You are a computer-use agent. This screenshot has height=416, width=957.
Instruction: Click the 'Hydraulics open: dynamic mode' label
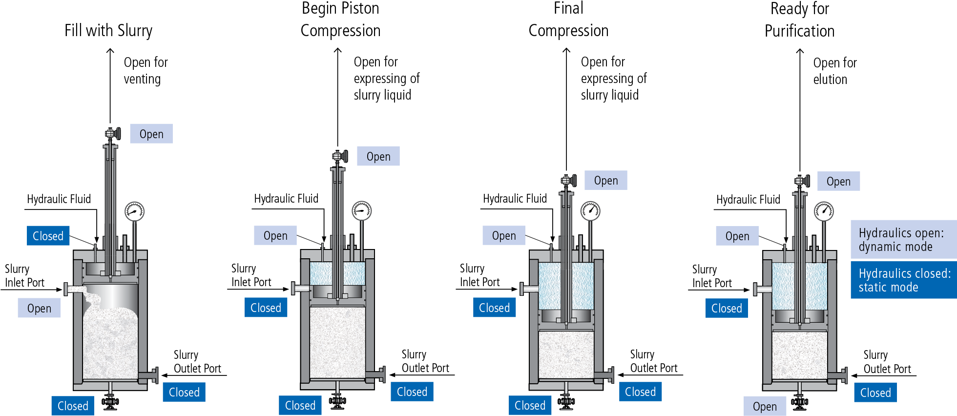903,239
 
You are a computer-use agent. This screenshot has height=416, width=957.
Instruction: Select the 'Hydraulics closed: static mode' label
903,280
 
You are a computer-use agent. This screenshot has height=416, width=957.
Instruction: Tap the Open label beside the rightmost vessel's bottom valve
765,406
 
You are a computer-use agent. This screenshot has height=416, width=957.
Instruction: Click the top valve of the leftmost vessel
111,133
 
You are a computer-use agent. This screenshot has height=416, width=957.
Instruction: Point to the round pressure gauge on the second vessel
362,211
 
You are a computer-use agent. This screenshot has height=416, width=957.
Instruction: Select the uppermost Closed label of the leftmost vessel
48,236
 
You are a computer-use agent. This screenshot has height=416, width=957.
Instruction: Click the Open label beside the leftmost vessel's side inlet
39,308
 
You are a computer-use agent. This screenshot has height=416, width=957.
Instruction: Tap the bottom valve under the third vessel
566,402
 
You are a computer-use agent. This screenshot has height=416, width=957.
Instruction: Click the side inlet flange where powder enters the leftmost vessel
67,289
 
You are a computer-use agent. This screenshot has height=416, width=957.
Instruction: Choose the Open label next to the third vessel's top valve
605,181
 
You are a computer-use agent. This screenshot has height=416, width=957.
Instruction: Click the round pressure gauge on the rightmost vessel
824,211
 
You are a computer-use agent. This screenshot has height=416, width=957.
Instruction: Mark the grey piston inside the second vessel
337,292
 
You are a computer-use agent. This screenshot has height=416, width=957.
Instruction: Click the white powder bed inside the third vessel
566,354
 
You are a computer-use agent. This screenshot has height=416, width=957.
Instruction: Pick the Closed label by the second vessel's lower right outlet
412,392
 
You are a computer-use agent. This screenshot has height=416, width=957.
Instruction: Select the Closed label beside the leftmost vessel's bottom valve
73,406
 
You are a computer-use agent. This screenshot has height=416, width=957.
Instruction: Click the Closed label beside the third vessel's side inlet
494,308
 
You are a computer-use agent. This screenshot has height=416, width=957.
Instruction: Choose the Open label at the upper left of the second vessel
275,235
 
